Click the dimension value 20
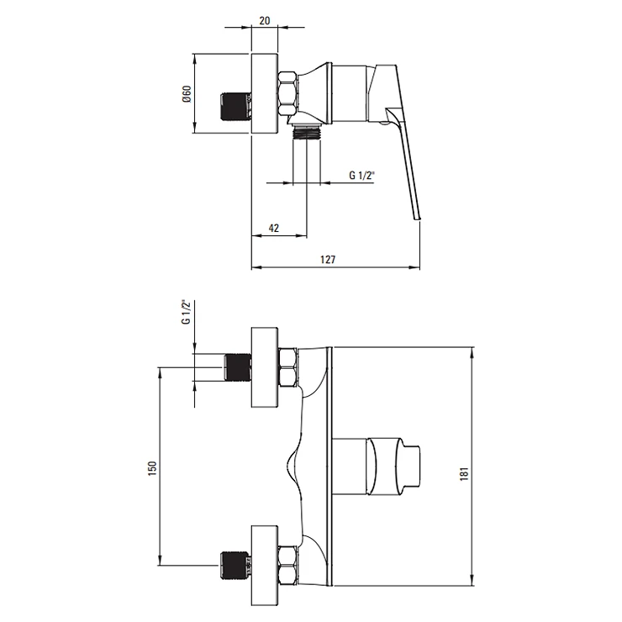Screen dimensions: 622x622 (265, 20)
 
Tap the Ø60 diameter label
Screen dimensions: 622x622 (187, 93)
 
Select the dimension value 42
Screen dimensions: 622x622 (274, 228)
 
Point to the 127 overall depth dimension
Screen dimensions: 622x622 (328, 260)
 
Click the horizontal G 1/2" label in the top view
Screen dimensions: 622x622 (361, 175)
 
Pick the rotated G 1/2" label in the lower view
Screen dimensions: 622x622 (186, 312)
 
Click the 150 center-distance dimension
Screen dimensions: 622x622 (152, 468)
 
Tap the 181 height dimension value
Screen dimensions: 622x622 (465, 473)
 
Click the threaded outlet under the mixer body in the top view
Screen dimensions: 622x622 (306, 131)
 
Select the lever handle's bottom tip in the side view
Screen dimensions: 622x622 (417, 219)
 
